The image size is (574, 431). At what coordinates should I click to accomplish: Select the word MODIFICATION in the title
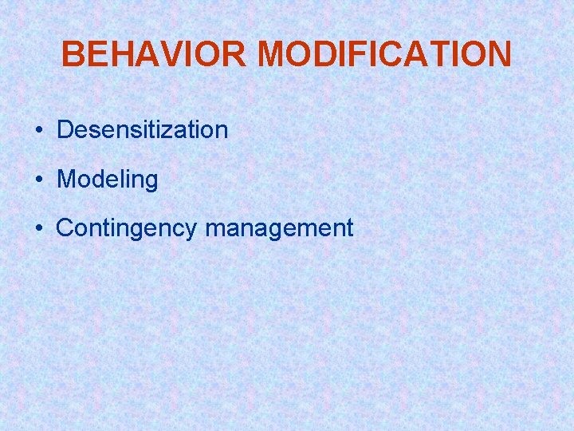[384, 54]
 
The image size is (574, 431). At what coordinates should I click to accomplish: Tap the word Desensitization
[143, 130]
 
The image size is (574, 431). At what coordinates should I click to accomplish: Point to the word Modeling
[108, 180]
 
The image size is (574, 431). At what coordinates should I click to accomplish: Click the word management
[279, 228]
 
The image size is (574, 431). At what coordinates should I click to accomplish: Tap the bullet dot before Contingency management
[38, 229]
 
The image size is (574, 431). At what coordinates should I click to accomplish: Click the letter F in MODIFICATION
[363, 54]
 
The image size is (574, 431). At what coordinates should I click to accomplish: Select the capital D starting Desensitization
[65, 130]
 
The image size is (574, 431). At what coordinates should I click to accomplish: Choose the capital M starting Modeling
[65, 180]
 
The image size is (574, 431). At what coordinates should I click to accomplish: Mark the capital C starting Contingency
[65, 228]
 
